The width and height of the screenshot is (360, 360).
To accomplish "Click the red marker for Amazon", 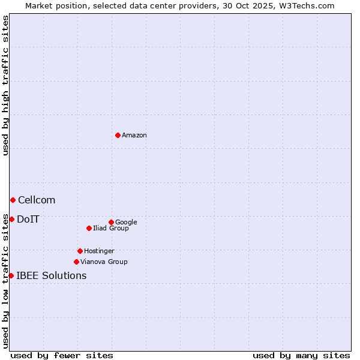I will [x=118, y=135].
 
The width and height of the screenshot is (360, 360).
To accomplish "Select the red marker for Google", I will [x=111, y=222].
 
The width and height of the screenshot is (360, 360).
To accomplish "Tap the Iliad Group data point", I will [x=89, y=228].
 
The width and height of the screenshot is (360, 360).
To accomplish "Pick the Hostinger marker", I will [x=80, y=251].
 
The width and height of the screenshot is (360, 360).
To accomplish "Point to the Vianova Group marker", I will [x=76, y=262].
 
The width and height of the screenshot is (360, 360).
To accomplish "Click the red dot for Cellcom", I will [x=13, y=200].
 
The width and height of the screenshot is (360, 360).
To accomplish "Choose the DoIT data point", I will [x=11, y=219].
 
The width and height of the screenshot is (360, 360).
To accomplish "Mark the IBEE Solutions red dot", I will [x=11, y=275].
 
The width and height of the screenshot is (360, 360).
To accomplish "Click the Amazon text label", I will [x=134, y=136].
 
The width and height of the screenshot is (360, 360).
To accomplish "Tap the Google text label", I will [x=126, y=223].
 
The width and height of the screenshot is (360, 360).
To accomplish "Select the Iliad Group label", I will [x=111, y=229].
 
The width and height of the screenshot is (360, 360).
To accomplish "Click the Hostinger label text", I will [x=99, y=251].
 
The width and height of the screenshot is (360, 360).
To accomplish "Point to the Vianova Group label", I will [x=104, y=262].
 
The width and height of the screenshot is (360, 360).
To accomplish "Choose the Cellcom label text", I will [x=37, y=200].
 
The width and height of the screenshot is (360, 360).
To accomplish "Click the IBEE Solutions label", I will [x=52, y=276].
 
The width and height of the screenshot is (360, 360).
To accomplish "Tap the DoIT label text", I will [x=28, y=220].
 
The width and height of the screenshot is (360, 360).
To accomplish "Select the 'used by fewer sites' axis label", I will [x=62, y=355].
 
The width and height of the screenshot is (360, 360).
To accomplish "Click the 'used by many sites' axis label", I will [x=301, y=355].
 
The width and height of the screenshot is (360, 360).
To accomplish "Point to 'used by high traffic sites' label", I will [x=5, y=86].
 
